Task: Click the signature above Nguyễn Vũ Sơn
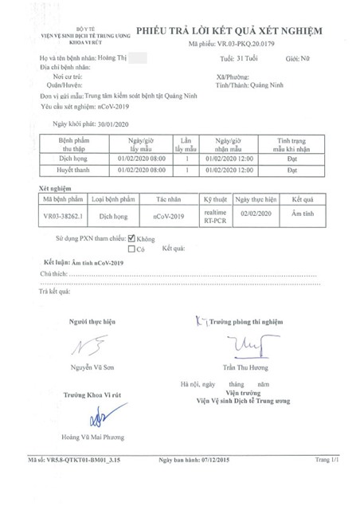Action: [x=90, y=347]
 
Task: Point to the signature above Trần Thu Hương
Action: [x=243, y=344]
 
